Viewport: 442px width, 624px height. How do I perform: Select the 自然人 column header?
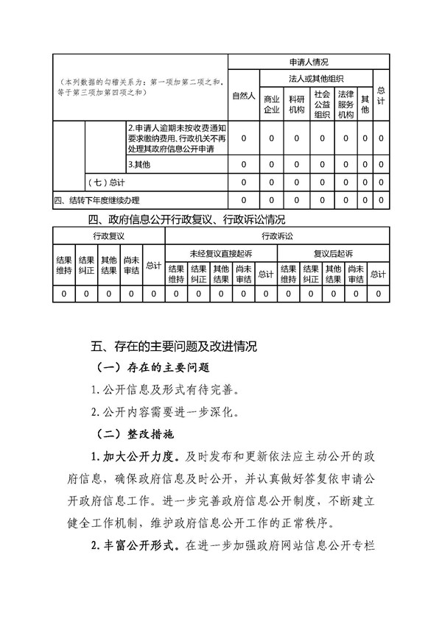(243, 96)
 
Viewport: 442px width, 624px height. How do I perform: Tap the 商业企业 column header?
(271, 104)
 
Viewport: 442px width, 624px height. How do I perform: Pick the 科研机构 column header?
(296, 104)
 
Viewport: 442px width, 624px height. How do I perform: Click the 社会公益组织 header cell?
(322, 104)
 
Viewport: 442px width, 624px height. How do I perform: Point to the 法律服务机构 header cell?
(345, 104)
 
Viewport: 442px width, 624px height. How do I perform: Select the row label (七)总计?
(105, 181)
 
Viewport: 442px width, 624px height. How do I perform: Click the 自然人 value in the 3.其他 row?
(243, 163)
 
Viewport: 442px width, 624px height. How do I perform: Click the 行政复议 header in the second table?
(108, 235)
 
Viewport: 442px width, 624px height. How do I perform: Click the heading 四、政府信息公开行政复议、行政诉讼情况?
(186, 219)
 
